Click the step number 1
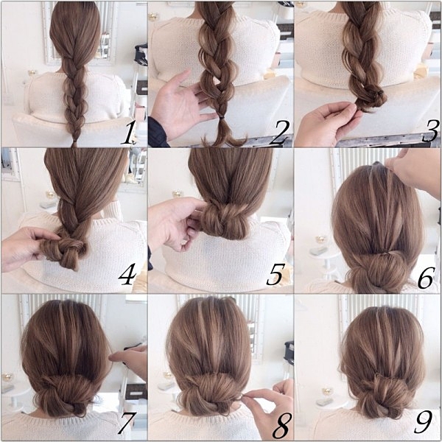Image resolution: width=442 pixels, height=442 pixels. click(x=127, y=133)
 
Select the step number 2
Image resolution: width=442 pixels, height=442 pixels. click(x=278, y=133)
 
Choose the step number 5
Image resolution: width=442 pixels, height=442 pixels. click(x=274, y=274)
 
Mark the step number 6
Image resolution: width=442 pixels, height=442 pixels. click(x=425, y=278)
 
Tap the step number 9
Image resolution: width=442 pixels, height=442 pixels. click(x=424, y=421)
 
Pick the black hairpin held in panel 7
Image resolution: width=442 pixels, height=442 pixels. click(x=133, y=346)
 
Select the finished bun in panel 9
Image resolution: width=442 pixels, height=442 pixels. click(x=386, y=395)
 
